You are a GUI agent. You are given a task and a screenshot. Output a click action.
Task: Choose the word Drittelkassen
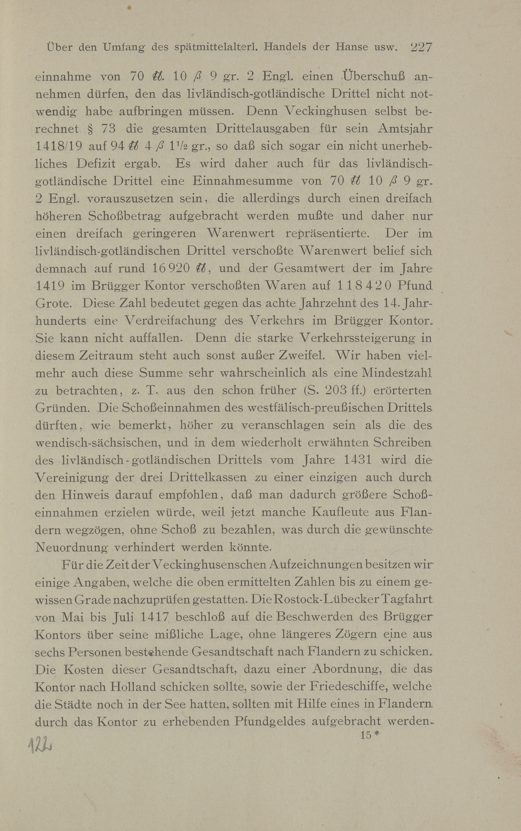pyautogui.click(x=208, y=477)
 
